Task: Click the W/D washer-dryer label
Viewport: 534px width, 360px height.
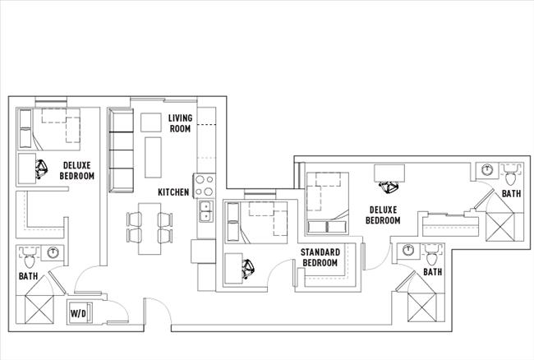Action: (79, 313)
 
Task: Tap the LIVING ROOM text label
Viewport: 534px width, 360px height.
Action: (180, 123)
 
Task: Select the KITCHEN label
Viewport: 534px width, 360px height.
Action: (174, 192)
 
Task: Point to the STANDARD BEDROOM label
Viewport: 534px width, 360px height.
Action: (320, 257)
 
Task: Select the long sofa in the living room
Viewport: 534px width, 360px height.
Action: (122, 149)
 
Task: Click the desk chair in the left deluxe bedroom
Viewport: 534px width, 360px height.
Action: (41, 169)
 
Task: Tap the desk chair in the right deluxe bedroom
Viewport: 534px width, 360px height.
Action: (388, 173)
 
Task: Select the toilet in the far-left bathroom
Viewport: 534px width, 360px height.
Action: (30, 262)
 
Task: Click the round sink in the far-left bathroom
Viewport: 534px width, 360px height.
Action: (53, 252)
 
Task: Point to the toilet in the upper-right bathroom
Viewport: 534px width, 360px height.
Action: (511, 176)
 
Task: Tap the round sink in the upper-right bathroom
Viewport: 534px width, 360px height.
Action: (488, 171)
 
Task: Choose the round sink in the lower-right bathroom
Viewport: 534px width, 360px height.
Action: (405, 250)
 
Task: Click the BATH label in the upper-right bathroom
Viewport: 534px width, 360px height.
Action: (512, 194)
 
